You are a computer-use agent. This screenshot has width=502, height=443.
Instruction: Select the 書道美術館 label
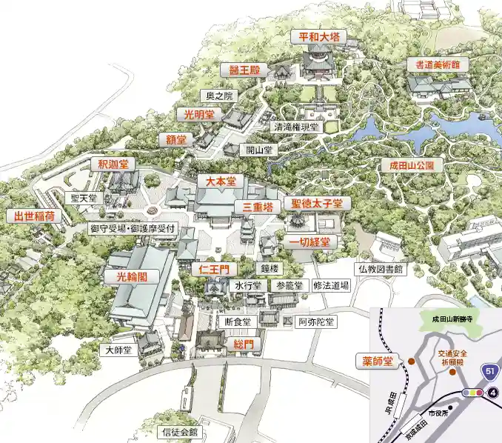pos(437,65)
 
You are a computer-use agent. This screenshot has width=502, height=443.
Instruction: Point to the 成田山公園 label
pos(411,164)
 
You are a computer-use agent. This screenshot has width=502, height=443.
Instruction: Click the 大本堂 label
pos(220,181)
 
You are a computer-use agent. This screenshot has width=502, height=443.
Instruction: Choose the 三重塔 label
pos(252,207)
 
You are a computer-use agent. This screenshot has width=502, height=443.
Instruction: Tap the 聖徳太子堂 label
pos(316,203)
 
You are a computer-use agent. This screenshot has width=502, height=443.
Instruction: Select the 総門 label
pos(244,344)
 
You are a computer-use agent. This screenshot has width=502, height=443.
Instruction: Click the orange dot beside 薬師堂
pos(411,362)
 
